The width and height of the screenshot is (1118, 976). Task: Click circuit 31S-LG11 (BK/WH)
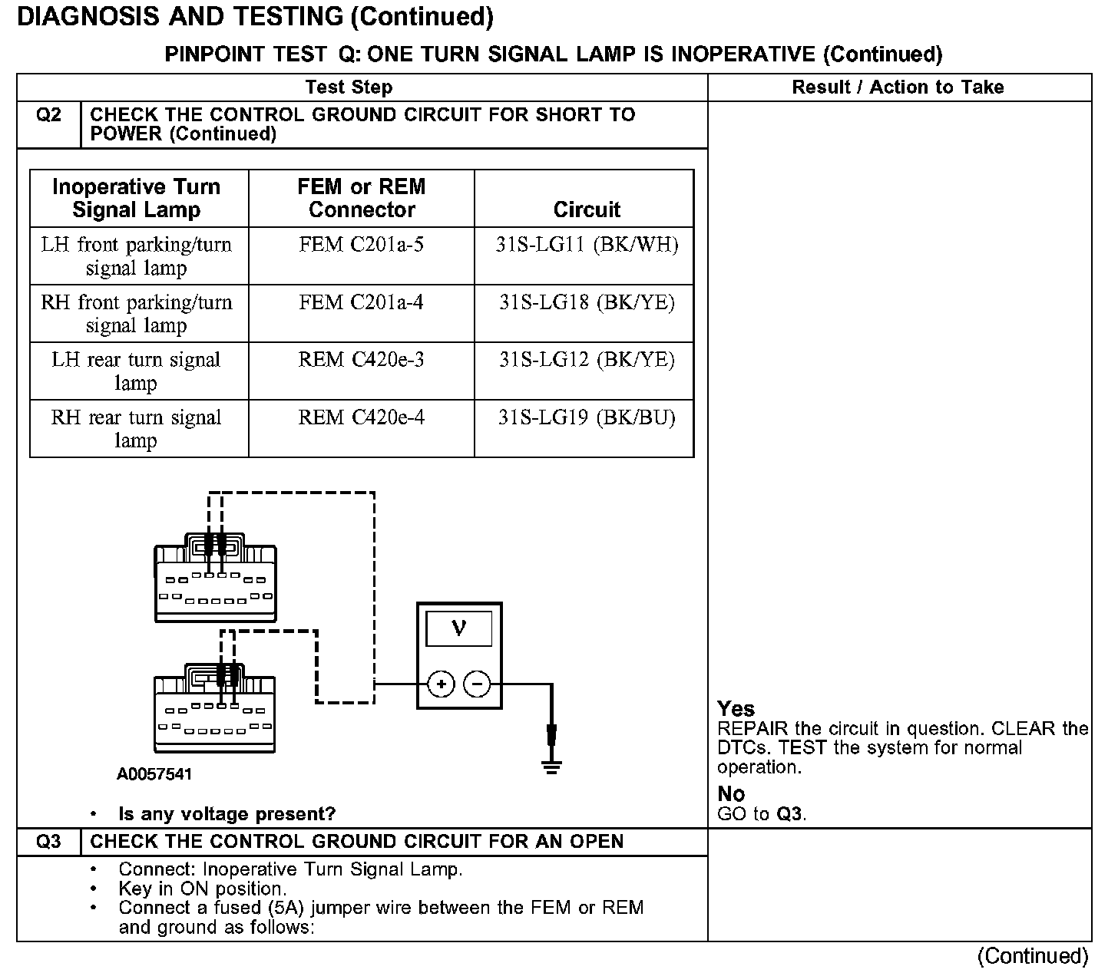[x=587, y=245]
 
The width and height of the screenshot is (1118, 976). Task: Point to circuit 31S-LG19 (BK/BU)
[x=587, y=417]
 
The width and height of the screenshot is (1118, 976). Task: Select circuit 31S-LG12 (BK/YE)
[x=587, y=360]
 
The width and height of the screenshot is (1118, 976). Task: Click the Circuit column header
[x=587, y=209]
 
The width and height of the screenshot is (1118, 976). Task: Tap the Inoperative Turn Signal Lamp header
[x=136, y=198]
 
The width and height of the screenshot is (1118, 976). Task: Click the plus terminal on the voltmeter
[x=441, y=684]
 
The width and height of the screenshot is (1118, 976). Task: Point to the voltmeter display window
[x=459, y=628]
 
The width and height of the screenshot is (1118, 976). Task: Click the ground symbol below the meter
[x=551, y=765]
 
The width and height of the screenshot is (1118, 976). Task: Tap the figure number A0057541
[x=154, y=774]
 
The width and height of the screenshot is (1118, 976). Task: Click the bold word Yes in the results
[x=736, y=708]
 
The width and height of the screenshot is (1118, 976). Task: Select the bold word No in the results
[x=731, y=793]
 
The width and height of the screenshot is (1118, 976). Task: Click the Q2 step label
[x=48, y=115]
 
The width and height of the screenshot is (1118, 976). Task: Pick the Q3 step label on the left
[x=48, y=842]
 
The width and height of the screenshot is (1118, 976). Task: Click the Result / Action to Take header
[x=898, y=87]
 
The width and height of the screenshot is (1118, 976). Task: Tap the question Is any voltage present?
[x=227, y=813]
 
